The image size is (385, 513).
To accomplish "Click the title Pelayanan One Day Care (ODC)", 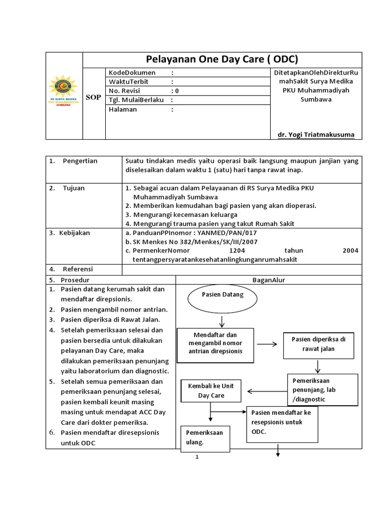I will (x=221, y=59).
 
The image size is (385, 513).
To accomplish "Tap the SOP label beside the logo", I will (x=93, y=97).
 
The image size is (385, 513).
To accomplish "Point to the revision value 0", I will (x=176, y=91).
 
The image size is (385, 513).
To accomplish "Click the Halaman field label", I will (x=123, y=109).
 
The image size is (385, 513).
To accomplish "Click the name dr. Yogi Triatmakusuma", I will (x=316, y=135).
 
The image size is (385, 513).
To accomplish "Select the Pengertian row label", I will (x=80, y=161).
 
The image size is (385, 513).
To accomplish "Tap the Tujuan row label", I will (x=74, y=188).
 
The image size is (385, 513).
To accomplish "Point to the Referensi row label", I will (x=78, y=269).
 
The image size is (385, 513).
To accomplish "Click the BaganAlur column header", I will (x=268, y=280).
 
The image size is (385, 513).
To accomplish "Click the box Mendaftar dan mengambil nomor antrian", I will (x=216, y=343).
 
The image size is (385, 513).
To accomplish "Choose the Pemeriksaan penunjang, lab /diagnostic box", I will (x=323, y=390).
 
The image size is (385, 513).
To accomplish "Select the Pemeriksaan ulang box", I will (x=205, y=437).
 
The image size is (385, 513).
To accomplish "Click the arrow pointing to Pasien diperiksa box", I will (x=268, y=344).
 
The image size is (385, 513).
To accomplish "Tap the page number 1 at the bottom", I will (x=198, y=457).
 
